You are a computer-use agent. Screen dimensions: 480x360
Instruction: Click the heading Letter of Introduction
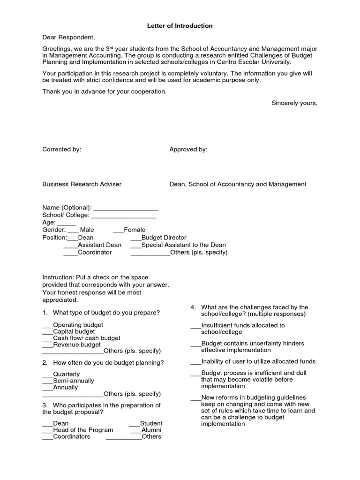[x=180, y=26]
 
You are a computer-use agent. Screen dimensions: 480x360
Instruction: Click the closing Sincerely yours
[x=294, y=103]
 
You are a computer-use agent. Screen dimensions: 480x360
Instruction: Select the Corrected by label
[x=62, y=150]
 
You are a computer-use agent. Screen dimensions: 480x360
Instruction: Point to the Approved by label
[x=188, y=150]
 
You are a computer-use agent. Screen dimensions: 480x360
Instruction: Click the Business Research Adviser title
[x=82, y=184]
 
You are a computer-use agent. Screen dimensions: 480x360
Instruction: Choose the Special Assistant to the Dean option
[x=183, y=245]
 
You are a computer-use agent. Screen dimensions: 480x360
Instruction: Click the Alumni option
[x=151, y=430]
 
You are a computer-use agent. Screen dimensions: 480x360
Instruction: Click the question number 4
[x=193, y=307]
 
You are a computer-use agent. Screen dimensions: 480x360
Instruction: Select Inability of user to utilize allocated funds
[x=258, y=361]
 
